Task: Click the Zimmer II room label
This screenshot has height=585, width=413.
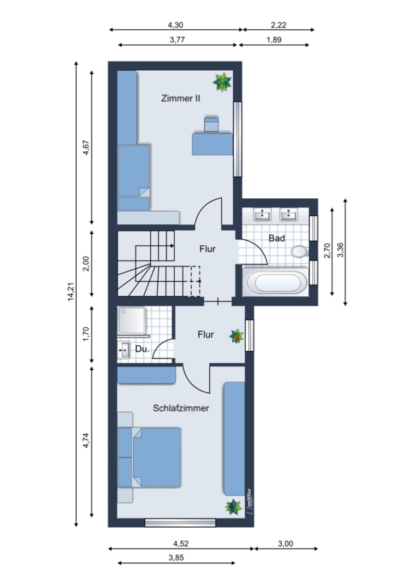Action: click(181, 99)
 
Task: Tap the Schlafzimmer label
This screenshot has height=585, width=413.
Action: click(181, 408)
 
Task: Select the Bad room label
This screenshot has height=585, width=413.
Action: click(276, 238)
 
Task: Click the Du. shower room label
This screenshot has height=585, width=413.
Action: click(142, 349)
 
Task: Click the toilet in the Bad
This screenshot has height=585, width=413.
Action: click(300, 252)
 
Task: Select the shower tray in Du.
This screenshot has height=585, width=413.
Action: click(131, 320)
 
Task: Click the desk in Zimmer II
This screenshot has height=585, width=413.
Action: click(213, 144)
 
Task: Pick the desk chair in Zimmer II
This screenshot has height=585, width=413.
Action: click(211, 124)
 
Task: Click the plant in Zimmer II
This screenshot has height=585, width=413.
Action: click(222, 82)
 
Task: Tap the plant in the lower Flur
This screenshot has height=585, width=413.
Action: click(236, 336)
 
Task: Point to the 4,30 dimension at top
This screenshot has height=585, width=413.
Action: click(176, 25)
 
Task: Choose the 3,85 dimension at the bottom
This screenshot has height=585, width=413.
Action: click(176, 558)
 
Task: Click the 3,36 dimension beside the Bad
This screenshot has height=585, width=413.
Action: click(340, 250)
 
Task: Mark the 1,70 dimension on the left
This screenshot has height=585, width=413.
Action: click(87, 334)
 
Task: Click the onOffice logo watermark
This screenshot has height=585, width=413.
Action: click(249, 502)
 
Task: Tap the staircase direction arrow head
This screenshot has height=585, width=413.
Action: click(172, 246)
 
